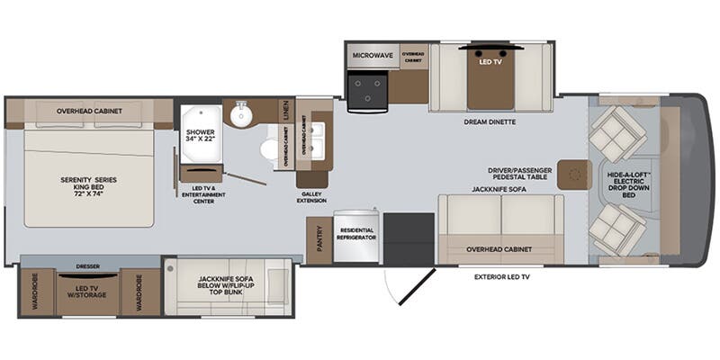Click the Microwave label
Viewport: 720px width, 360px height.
(372, 54)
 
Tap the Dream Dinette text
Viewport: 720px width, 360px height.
(490, 122)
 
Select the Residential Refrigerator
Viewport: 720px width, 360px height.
(356, 238)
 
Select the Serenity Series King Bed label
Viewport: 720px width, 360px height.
(88, 185)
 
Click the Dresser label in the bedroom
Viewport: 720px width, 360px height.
(87, 267)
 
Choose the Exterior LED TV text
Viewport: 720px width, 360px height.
(506, 277)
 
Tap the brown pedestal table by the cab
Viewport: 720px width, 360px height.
(573, 174)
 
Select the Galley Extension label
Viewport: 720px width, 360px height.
(312, 197)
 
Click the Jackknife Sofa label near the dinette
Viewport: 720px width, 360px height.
(500, 190)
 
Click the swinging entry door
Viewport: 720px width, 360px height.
(401, 289)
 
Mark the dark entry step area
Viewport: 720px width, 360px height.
(409, 238)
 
